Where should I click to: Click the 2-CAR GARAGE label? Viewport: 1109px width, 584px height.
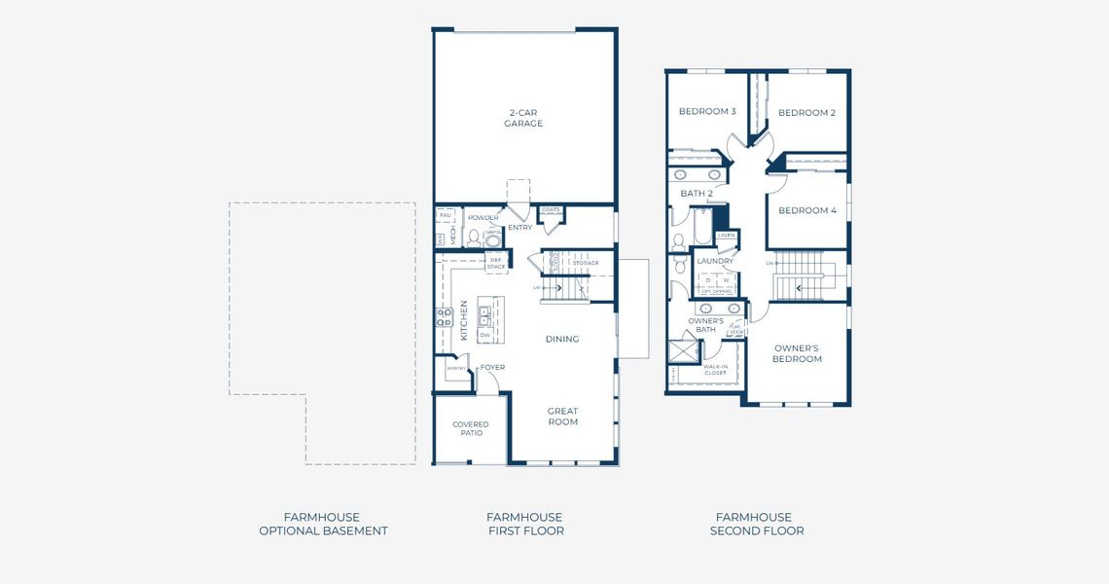pyautogui.click(x=523, y=118)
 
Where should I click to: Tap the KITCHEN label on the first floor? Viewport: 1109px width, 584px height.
pyautogui.click(x=464, y=319)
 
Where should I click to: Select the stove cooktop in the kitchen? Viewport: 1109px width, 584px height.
pyautogui.click(x=444, y=316)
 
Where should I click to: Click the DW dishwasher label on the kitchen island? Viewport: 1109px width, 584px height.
pyautogui.click(x=483, y=334)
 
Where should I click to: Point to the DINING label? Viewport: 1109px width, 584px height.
pyautogui.click(x=562, y=339)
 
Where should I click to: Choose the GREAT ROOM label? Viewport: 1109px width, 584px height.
pyautogui.click(x=562, y=417)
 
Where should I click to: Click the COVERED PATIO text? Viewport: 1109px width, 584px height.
pyautogui.click(x=471, y=428)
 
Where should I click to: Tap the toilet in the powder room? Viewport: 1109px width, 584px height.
pyautogui.click(x=475, y=237)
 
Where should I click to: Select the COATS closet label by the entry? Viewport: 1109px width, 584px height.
pyautogui.click(x=551, y=209)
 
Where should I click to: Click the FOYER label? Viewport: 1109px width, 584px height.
pyautogui.click(x=492, y=367)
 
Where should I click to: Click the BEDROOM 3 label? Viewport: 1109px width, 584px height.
pyautogui.click(x=706, y=111)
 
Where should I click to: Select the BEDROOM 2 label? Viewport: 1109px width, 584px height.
pyautogui.click(x=806, y=113)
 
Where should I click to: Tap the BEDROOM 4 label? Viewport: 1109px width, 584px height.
pyautogui.click(x=806, y=210)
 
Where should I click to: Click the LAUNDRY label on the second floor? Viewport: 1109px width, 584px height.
pyautogui.click(x=715, y=261)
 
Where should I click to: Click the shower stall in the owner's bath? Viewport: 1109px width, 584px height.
pyautogui.click(x=682, y=347)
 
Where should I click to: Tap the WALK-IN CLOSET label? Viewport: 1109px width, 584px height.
pyautogui.click(x=715, y=370)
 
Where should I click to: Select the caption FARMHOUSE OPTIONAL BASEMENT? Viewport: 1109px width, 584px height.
pyautogui.click(x=323, y=524)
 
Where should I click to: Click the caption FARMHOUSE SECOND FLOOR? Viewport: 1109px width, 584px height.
pyautogui.click(x=756, y=524)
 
